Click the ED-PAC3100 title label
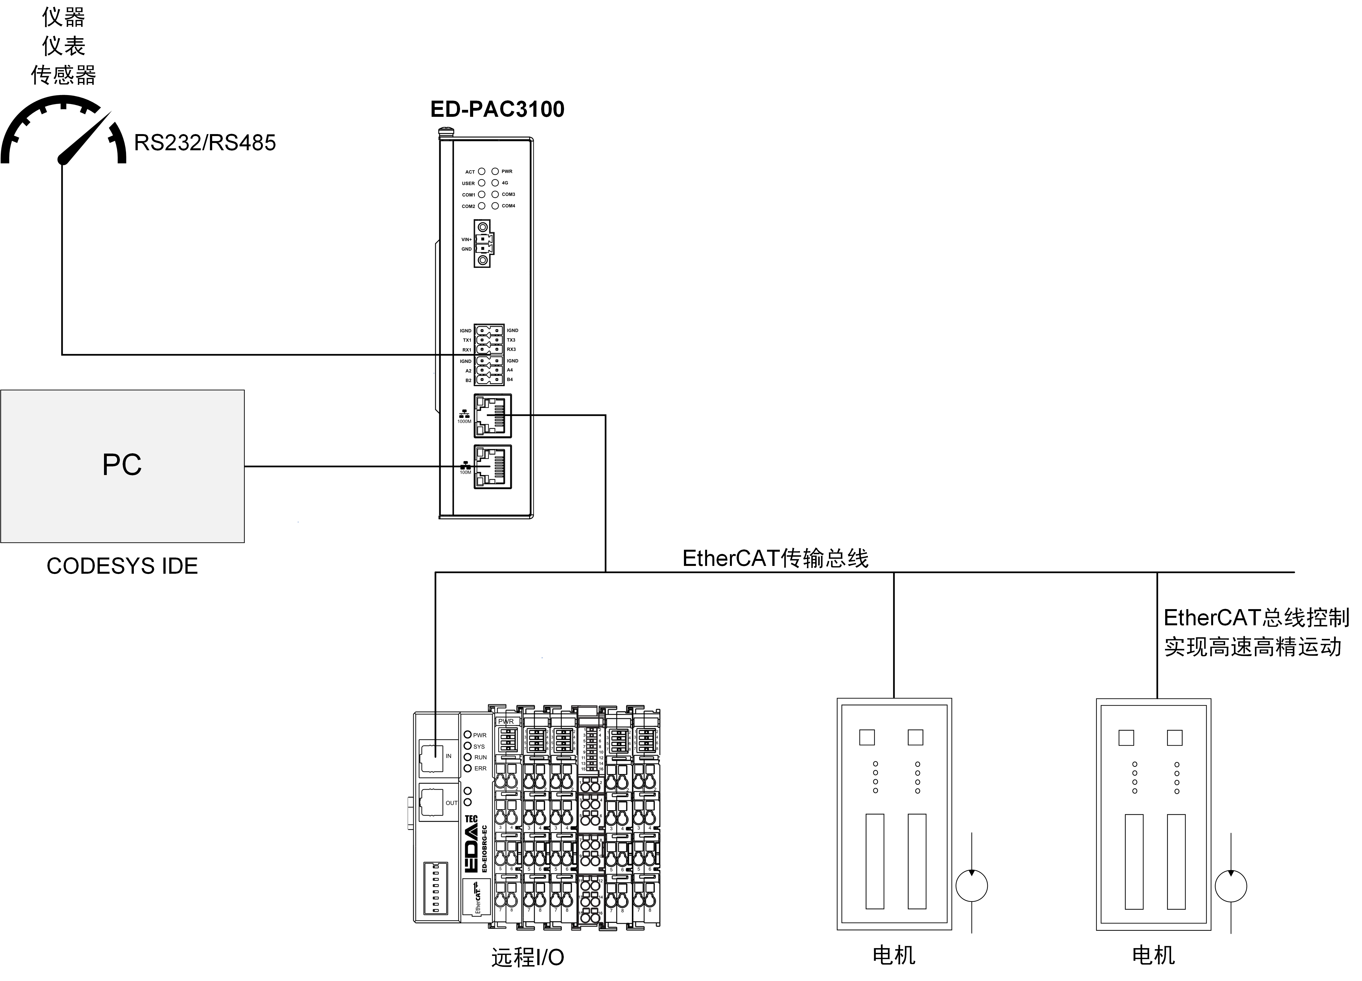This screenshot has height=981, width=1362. click(x=497, y=109)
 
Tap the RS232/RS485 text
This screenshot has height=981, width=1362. click(x=205, y=143)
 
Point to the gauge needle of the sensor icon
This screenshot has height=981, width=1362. click(x=84, y=138)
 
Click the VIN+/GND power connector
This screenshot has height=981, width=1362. click(x=483, y=244)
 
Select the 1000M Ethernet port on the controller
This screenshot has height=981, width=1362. click(x=492, y=415)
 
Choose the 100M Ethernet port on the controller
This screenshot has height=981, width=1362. click(x=492, y=466)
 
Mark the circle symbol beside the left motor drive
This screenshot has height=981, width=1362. click(x=971, y=886)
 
